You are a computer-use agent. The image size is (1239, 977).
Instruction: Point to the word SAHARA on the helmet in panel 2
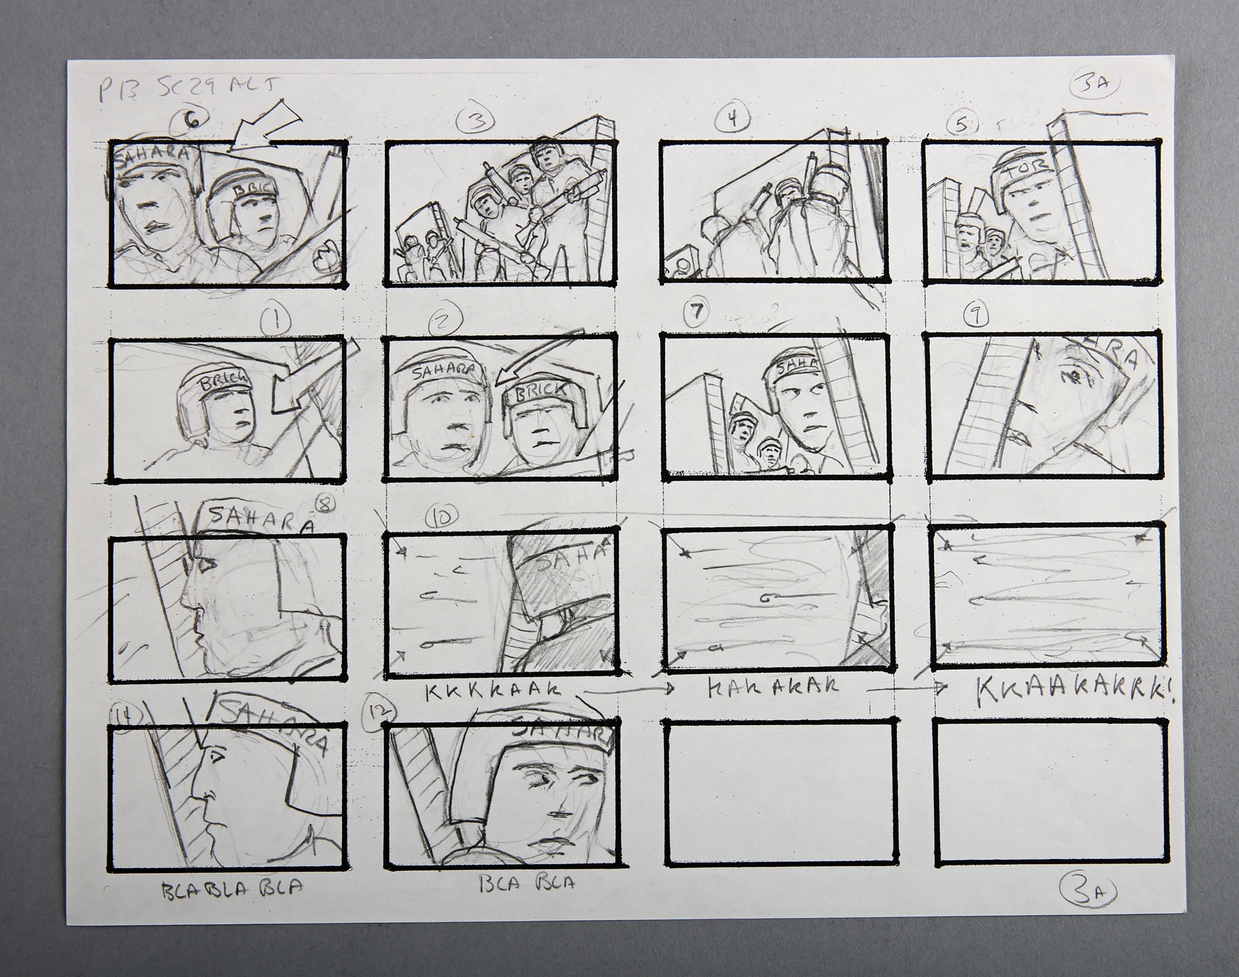443,371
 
